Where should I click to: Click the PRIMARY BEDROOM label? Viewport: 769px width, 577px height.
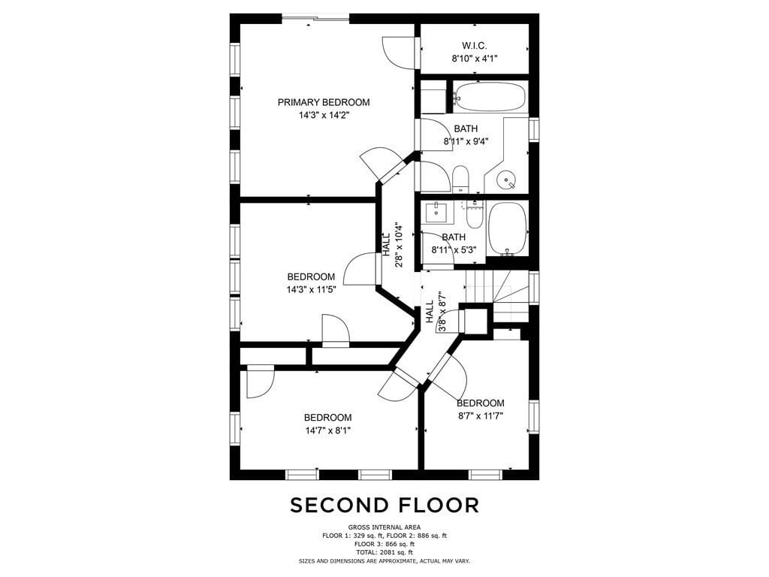pos(324,102)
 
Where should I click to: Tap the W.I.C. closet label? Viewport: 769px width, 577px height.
pos(475,46)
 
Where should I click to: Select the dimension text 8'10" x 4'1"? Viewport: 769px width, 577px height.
pos(475,59)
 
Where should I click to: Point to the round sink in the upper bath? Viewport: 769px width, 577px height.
pos(506,180)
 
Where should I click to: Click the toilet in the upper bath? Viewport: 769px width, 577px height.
pos(460,180)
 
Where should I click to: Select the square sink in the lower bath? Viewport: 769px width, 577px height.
pos(435,213)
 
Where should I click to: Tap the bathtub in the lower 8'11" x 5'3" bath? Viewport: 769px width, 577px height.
pos(508,229)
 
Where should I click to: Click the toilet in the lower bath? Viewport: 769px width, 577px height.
pos(475,215)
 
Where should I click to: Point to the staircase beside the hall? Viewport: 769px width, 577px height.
pos(496,295)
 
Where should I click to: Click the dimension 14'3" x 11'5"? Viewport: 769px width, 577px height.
pos(312,289)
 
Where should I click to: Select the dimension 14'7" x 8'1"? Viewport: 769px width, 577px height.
pos(327,430)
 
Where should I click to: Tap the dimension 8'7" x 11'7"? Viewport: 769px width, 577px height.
pos(481,416)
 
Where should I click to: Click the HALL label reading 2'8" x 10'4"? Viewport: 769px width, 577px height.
pos(393,244)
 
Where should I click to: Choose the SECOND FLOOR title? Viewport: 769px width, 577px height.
pos(384,505)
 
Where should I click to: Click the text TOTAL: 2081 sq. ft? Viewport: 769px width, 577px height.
pos(384,552)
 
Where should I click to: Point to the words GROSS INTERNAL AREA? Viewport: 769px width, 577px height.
pos(384,527)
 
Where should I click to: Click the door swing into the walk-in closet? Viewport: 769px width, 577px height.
pos(398,53)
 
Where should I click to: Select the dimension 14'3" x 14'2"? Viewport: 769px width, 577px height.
pos(324,115)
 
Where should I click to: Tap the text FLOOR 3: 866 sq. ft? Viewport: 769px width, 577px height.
pos(384,544)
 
